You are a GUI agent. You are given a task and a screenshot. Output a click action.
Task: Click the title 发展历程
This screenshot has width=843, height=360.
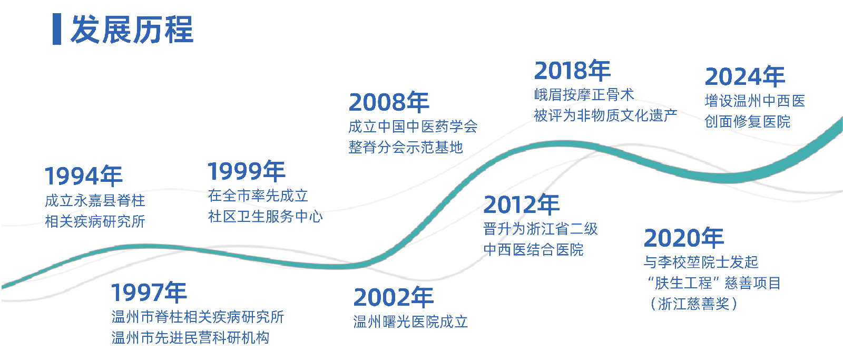click(132, 30)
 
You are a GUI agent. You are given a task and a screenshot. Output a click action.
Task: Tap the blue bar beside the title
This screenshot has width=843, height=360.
click(57, 29)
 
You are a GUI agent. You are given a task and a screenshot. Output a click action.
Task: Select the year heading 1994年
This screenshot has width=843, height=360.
click(84, 176)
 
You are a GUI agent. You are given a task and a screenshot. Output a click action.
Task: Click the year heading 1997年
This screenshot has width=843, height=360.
click(149, 292)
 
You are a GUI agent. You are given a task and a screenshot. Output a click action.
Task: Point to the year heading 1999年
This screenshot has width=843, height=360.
click(247, 171)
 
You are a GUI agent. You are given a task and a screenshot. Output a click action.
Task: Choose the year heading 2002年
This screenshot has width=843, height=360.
click(394, 297)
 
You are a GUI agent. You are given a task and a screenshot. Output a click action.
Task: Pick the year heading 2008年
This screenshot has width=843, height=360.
click(389, 102)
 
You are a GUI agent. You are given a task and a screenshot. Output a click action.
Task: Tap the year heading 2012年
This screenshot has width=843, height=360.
click(522, 205)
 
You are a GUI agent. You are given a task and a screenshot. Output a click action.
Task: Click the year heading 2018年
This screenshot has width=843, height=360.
click(572, 71)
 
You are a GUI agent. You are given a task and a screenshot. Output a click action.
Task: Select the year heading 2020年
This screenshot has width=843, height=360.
click(684, 238)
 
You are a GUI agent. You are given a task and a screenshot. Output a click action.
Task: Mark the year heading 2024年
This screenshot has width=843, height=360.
click(745, 76)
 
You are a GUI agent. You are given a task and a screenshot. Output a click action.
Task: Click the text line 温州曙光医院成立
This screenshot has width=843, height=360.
click(410, 322)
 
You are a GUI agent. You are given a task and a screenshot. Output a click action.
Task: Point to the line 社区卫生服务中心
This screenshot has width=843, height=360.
click(266, 216)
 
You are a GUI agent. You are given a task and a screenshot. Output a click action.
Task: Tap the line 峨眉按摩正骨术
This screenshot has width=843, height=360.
click(584, 94)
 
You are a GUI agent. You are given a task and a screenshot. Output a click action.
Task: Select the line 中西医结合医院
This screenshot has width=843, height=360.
click(534, 249)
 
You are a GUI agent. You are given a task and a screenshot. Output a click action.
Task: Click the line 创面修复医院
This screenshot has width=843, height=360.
click(748, 121)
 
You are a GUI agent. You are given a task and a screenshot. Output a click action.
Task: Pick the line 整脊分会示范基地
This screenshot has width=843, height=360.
click(406, 147)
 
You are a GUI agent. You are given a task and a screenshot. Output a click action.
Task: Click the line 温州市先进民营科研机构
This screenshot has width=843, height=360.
click(190, 337)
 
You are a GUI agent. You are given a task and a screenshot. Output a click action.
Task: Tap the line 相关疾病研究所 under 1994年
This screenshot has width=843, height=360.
click(95, 221)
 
